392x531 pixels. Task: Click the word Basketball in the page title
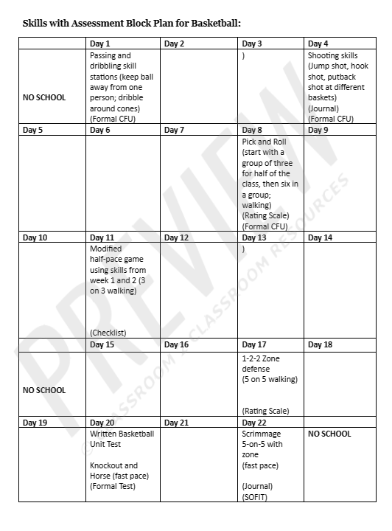(214, 23)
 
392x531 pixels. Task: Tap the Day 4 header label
(318, 44)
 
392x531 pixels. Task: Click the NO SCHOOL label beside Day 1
(44, 97)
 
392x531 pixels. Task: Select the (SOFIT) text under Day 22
(255, 497)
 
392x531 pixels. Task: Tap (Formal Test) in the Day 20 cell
(114, 487)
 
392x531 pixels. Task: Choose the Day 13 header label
(254, 238)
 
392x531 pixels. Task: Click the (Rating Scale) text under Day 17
(266, 411)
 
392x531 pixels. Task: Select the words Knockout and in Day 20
(113, 465)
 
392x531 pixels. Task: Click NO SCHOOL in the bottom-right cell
(329, 434)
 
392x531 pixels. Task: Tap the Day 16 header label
(177, 345)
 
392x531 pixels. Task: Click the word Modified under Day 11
(106, 249)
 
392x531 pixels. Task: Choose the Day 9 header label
(318, 131)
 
